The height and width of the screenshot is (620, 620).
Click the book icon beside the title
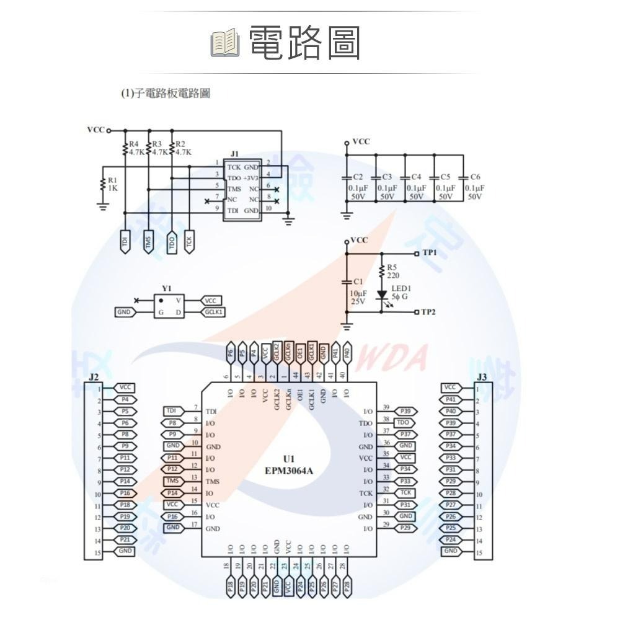point(224,43)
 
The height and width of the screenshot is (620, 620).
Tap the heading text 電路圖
point(304,43)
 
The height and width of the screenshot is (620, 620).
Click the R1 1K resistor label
point(112,184)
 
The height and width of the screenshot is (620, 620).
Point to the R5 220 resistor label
point(393,272)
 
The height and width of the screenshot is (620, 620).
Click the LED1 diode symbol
point(382,294)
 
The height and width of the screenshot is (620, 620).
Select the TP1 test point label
point(430,253)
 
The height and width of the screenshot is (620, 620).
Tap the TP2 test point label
point(428,311)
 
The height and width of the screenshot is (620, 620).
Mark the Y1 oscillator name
point(166,289)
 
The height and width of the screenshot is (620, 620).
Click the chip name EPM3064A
point(288,471)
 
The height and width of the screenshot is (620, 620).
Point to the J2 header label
point(94,377)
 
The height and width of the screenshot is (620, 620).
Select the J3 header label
point(483,377)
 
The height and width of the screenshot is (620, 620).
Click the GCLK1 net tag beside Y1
point(212,312)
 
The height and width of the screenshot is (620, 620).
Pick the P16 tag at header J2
point(125,493)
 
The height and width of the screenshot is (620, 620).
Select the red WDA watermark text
point(403,358)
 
